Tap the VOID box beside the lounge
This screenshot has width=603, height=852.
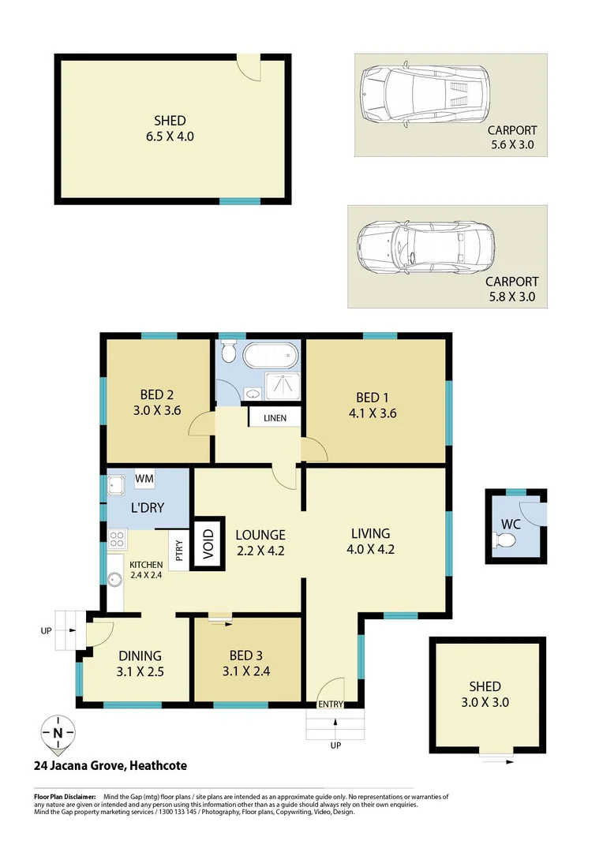(x=208, y=543)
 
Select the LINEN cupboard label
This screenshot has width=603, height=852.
(x=275, y=417)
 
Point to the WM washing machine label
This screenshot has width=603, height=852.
(x=144, y=478)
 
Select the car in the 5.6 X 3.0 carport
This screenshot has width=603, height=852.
(x=423, y=92)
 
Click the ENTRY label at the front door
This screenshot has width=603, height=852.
(x=330, y=704)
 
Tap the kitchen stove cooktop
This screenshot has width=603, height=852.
(x=117, y=540)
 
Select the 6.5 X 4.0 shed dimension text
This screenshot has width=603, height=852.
(x=170, y=136)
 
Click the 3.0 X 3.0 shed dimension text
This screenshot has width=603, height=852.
(x=485, y=701)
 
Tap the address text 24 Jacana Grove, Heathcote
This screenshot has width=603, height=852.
(x=110, y=765)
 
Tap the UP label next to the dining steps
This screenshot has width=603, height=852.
(x=46, y=631)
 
